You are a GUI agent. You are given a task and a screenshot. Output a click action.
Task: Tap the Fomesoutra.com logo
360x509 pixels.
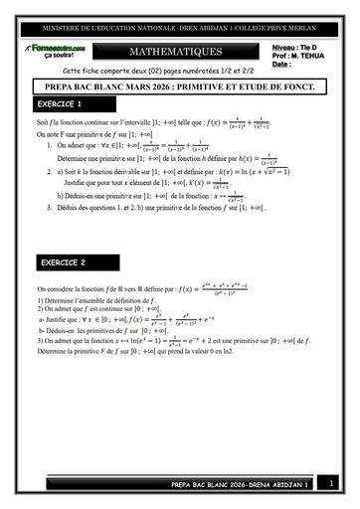tap(58, 46)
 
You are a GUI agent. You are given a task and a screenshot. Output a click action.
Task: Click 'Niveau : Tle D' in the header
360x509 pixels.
tap(294, 46)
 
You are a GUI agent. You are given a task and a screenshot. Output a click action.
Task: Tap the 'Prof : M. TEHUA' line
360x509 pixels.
tap(297, 55)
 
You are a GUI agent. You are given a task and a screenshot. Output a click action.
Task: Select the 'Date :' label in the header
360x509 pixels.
tap(281, 64)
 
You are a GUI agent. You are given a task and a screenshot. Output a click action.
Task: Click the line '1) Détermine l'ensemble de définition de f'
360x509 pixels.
tap(103, 299)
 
